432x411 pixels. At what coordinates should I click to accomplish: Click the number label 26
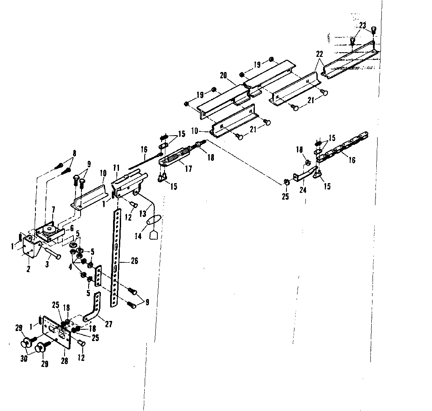[x=134, y=262]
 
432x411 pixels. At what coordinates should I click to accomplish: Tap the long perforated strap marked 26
[x=116, y=261]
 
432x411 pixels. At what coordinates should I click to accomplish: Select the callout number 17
[x=188, y=169]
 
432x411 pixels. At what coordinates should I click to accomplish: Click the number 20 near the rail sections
[x=224, y=76]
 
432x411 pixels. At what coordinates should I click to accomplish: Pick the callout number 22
[x=319, y=54]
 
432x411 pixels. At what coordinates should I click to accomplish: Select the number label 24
[x=303, y=190]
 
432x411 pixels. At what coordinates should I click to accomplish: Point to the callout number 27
[x=109, y=324]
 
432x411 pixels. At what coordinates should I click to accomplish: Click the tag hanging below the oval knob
[x=154, y=235]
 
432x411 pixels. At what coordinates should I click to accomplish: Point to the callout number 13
[x=143, y=214]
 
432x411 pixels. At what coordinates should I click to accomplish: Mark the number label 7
[x=53, y=209]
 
